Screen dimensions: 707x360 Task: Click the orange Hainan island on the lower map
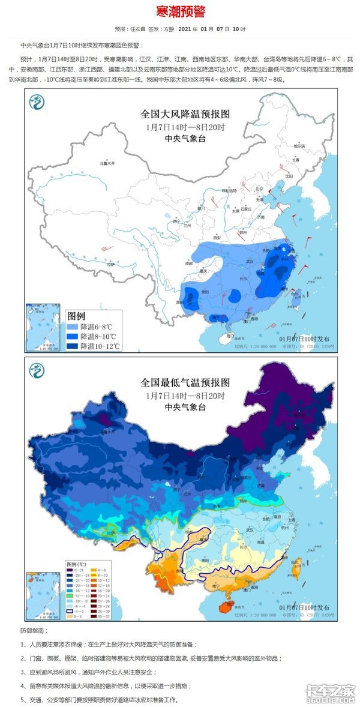[x=225, y=607]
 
